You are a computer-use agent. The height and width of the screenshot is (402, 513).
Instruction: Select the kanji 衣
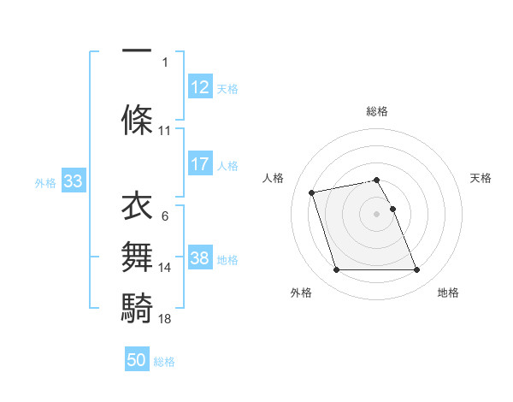coord(138,206)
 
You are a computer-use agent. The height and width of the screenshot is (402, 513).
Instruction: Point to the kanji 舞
coord(138,257)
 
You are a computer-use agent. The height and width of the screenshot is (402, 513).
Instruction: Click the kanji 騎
coord(138,305)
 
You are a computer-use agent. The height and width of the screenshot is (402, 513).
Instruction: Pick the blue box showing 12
coord(200,86)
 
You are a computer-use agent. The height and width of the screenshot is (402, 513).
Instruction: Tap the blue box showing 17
coord(200,164)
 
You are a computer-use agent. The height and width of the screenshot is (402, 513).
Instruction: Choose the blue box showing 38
coord(200,258)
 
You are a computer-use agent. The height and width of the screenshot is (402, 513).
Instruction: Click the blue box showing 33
coord(73,181)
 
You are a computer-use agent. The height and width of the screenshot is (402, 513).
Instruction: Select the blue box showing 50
coord(137,360)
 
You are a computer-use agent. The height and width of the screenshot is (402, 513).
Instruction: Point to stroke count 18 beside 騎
coord(165,318)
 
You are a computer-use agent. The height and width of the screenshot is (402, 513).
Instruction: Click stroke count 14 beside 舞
coord(165,268)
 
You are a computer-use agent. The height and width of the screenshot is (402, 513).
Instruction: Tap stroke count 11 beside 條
coord(165,131)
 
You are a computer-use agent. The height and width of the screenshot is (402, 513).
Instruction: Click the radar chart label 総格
coord(377,111)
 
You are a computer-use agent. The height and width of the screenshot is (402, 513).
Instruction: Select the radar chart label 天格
coord(481,178)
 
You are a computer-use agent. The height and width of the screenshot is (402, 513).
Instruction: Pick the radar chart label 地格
coord(448,293)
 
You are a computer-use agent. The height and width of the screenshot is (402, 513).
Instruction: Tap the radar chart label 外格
coord(301,293)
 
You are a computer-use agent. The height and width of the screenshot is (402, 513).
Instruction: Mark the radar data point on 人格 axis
coord(312,192)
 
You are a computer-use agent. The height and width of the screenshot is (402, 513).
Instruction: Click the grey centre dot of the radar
coord(377,213)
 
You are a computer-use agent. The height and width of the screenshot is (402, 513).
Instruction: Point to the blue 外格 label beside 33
coord(45,182)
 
